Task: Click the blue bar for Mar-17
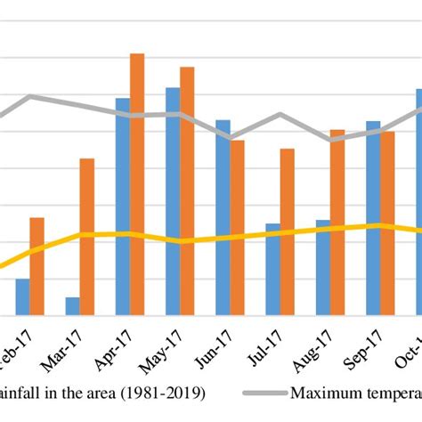pyautogui.click(x=72, y=305)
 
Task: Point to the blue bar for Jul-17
pyautogui.click(x=272, y=269)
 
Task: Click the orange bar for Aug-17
pyautogui.click(x=337, y=222)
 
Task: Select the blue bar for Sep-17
pyautogui.click(x=373, y=217)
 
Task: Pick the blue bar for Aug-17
pyautogui.click(x=322, y=267)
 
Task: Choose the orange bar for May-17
pyautogui.click(x=187, y=191)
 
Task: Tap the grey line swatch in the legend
pyautogui.click(x=258, y=391)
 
